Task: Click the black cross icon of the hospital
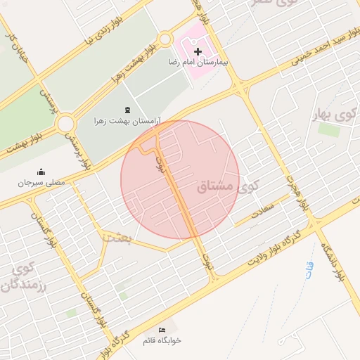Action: [198, 51]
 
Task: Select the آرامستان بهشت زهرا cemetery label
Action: [128, 121]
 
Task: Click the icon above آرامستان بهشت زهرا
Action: [127, 110]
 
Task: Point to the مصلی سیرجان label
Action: [41, 182]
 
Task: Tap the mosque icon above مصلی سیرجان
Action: [41, 172]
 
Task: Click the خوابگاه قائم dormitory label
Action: [162, 340]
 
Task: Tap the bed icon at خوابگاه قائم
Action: [162, 330]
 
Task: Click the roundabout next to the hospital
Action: [165, 39]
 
